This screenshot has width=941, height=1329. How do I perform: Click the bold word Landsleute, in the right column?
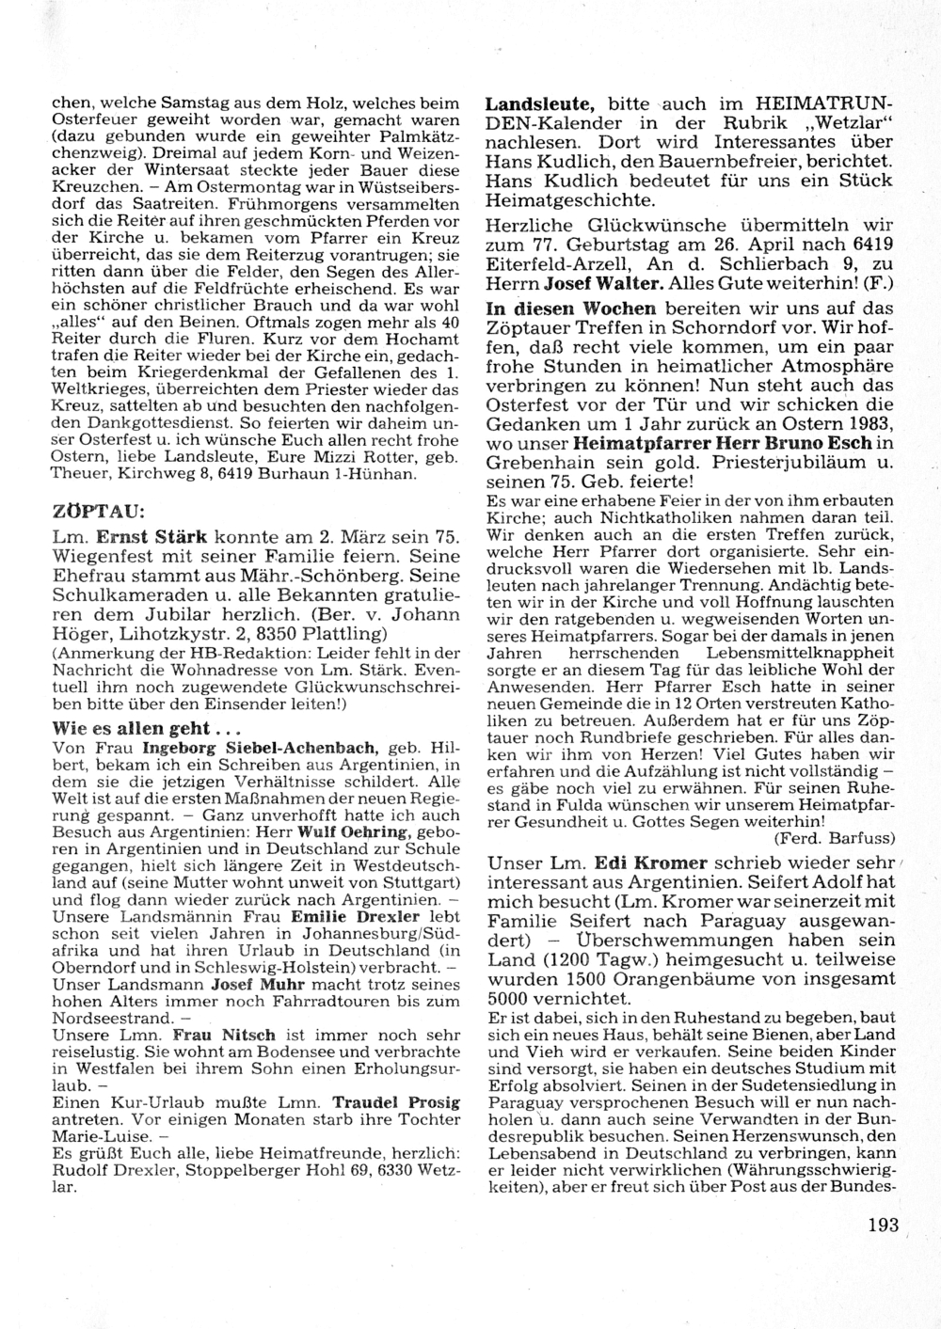click(539, 103)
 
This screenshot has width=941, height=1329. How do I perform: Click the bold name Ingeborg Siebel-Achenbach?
click(260, 748)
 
